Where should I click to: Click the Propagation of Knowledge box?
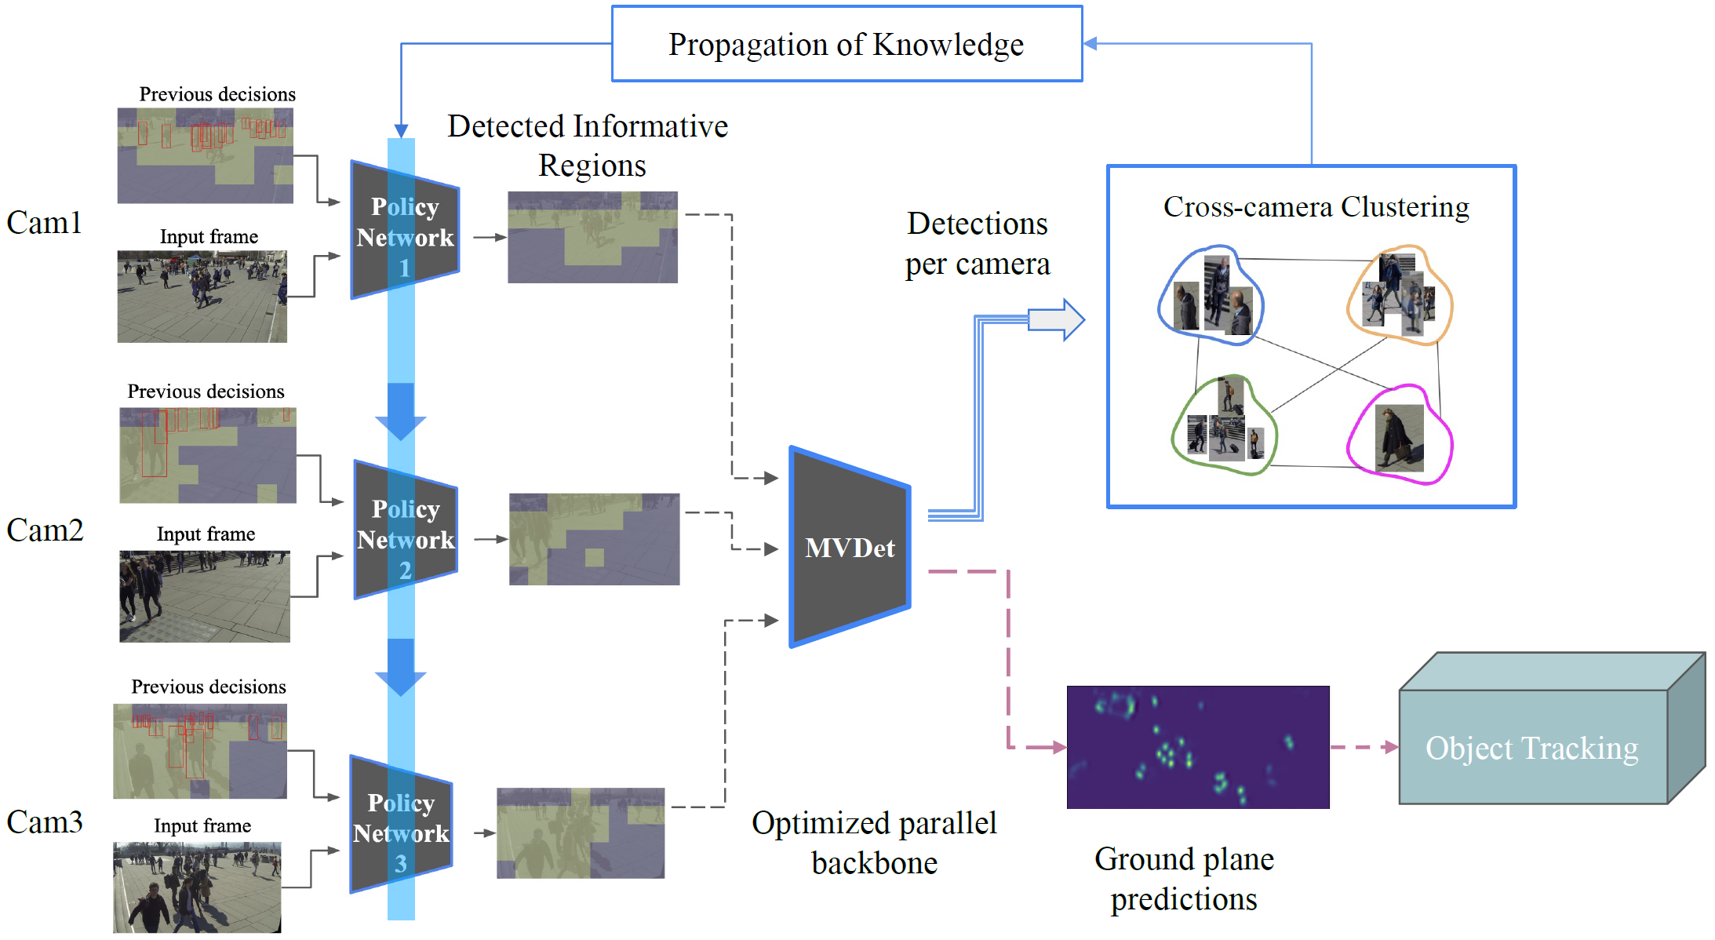(x=847, y=44)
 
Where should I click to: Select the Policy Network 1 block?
(x=405, y=231)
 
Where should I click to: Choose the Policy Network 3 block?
(x=401, y=825)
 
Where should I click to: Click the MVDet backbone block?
(x=850, y=547)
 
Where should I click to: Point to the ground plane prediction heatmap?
(x=1197, y=747)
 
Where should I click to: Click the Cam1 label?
(x=44, y=223)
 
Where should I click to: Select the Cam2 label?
(x=45, y=530)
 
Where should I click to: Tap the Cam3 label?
(x=45, y=822)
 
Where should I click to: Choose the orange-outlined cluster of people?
(x=1400, y=295)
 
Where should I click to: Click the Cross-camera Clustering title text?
(x=1316, y=207)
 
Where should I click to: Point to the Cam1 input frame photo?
(x=202, y=297)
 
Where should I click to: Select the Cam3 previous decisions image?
(x=200, y=751)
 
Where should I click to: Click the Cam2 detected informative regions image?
(x=594, y=539)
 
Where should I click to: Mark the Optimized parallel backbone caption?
(x=874, y=843)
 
